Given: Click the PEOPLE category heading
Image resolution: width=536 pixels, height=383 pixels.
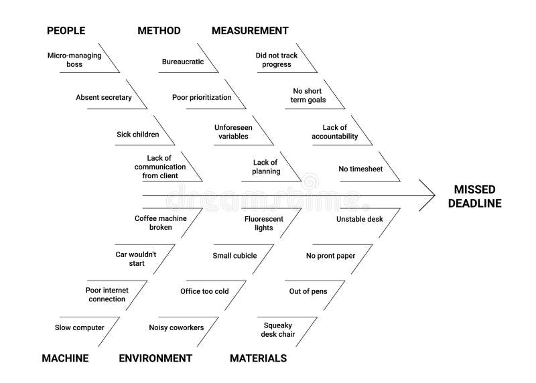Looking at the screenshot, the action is pos(66,31).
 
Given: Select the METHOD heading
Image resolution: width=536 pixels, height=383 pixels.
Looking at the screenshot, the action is pos(159,31).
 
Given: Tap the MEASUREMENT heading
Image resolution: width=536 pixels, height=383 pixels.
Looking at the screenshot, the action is pos(250,31).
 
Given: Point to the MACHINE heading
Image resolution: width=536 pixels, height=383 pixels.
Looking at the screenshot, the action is pos(65,358).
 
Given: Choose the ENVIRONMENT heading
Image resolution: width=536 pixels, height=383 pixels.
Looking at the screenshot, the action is pos(155,358).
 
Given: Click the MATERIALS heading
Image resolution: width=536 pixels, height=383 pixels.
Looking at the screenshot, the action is pos(259,358).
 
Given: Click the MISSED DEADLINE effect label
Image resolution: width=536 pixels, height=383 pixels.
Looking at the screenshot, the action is pos(475,196).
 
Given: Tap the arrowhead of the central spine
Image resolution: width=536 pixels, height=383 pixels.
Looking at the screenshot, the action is pos(435,196).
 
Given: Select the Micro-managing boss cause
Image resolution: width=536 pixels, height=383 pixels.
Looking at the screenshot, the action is pos(74,60).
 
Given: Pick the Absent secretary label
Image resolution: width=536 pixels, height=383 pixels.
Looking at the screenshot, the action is pos(104,97).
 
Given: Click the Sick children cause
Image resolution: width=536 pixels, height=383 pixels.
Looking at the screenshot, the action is pos(138,135).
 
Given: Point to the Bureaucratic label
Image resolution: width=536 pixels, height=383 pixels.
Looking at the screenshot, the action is pos(183,62).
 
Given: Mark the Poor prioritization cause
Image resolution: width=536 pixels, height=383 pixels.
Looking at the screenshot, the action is pos(202,97).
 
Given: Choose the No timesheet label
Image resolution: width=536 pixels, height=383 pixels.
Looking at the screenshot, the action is pos(360,169).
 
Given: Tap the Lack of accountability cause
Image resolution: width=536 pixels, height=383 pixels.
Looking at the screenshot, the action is pos(334,132).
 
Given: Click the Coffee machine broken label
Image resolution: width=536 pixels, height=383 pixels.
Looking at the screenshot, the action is pos(161,223).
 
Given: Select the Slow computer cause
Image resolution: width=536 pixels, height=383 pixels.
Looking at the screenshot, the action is pos(80,327).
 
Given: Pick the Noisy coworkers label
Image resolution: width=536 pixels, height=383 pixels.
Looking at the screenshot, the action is pos(176,327).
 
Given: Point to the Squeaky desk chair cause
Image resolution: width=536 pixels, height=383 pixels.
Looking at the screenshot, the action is pos(278,329).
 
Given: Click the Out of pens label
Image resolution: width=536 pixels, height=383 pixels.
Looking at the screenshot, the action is pos(308,291).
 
